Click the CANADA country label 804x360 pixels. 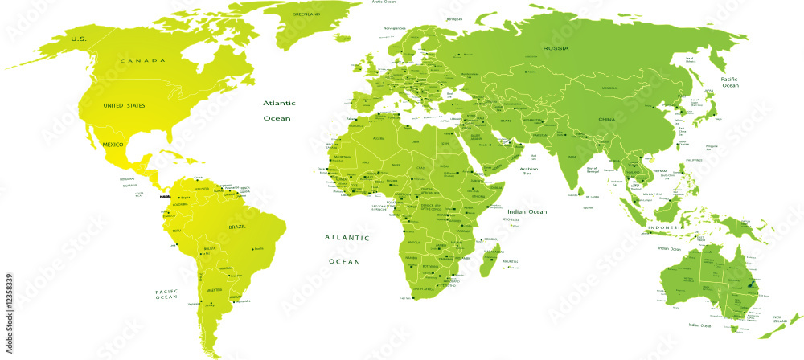[x=142, y=61]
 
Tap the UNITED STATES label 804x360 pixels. [x=124, y=106]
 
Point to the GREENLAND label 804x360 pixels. [x=306, y=14]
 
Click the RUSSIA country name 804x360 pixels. [x=556, y=49]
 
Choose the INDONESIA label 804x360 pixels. [x=667, y=227]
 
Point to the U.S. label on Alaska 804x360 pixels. [x=78, y=39]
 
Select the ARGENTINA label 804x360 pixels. [x=214, y=288]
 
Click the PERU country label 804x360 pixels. [x=178, y=231]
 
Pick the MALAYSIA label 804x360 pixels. [x=651, y=195]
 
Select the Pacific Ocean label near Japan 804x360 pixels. [x=729, y=82]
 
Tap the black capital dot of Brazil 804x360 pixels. [x=254, y=247]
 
